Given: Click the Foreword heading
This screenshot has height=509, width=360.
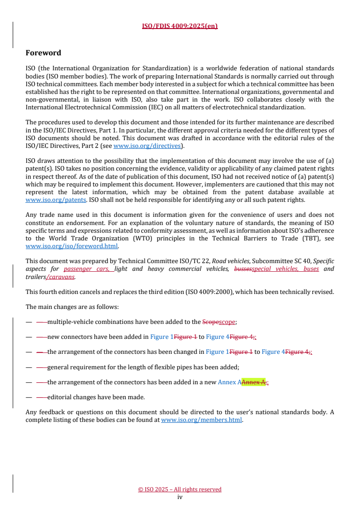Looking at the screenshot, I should pos(43,53).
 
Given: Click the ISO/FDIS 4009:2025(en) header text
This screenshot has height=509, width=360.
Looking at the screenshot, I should pos(180,26).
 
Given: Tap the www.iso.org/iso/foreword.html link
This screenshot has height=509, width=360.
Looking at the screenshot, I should pos(72,246).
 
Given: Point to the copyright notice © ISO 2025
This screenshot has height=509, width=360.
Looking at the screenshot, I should pos(180,489).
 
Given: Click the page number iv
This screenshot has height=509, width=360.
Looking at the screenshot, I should pos(180,497).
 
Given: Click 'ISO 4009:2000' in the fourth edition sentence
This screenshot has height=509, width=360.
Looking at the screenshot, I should pos(211,292).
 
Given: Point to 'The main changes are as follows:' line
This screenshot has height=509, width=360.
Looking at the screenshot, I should pos(72,307).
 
